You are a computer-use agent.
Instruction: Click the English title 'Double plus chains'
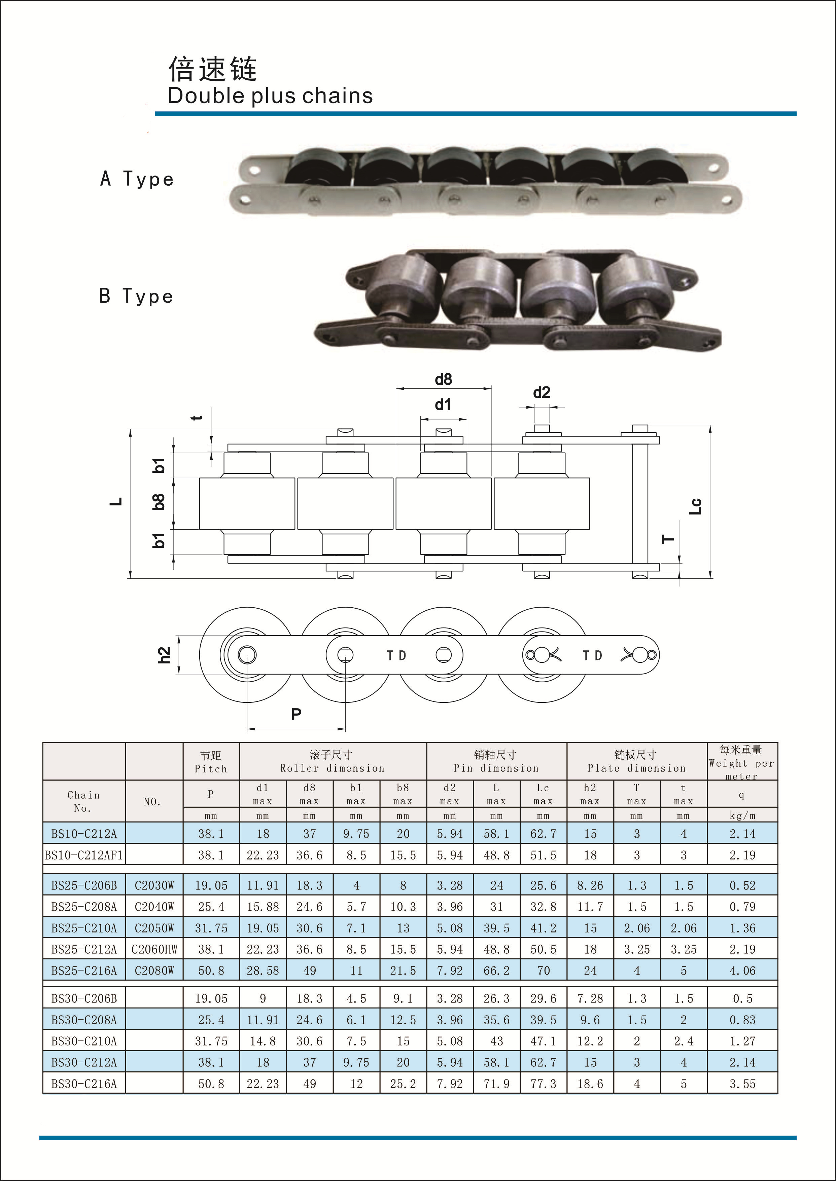tap(270, 96)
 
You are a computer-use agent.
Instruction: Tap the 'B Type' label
tap(136, 296)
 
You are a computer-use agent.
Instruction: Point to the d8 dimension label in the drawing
tap(443, 380)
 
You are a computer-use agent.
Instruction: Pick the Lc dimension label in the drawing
tap(695, 506)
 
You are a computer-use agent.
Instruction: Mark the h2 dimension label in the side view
tap(164, 655)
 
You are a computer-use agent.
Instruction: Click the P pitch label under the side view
tap(296, 714)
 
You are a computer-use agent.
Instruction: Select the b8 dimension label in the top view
tap(159, 501)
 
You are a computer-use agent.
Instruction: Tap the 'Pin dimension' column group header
tap(496, 768)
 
